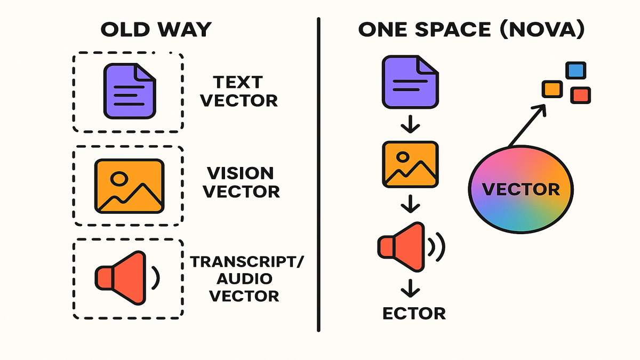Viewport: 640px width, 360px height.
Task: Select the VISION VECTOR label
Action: (243, 182)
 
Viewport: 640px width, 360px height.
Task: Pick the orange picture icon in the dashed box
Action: (129, 185)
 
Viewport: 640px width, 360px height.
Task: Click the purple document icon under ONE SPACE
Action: (409, 82)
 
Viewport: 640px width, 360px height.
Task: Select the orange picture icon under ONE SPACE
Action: (409, 164)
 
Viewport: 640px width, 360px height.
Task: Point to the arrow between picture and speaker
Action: (410, 203)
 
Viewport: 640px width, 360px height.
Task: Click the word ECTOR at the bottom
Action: (414, 313)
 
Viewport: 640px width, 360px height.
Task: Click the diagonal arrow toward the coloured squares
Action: (528, 125)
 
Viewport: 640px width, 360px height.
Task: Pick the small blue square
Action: (575, 70)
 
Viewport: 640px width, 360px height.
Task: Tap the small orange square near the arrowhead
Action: (553, 89)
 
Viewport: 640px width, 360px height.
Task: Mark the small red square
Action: (581, 95)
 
